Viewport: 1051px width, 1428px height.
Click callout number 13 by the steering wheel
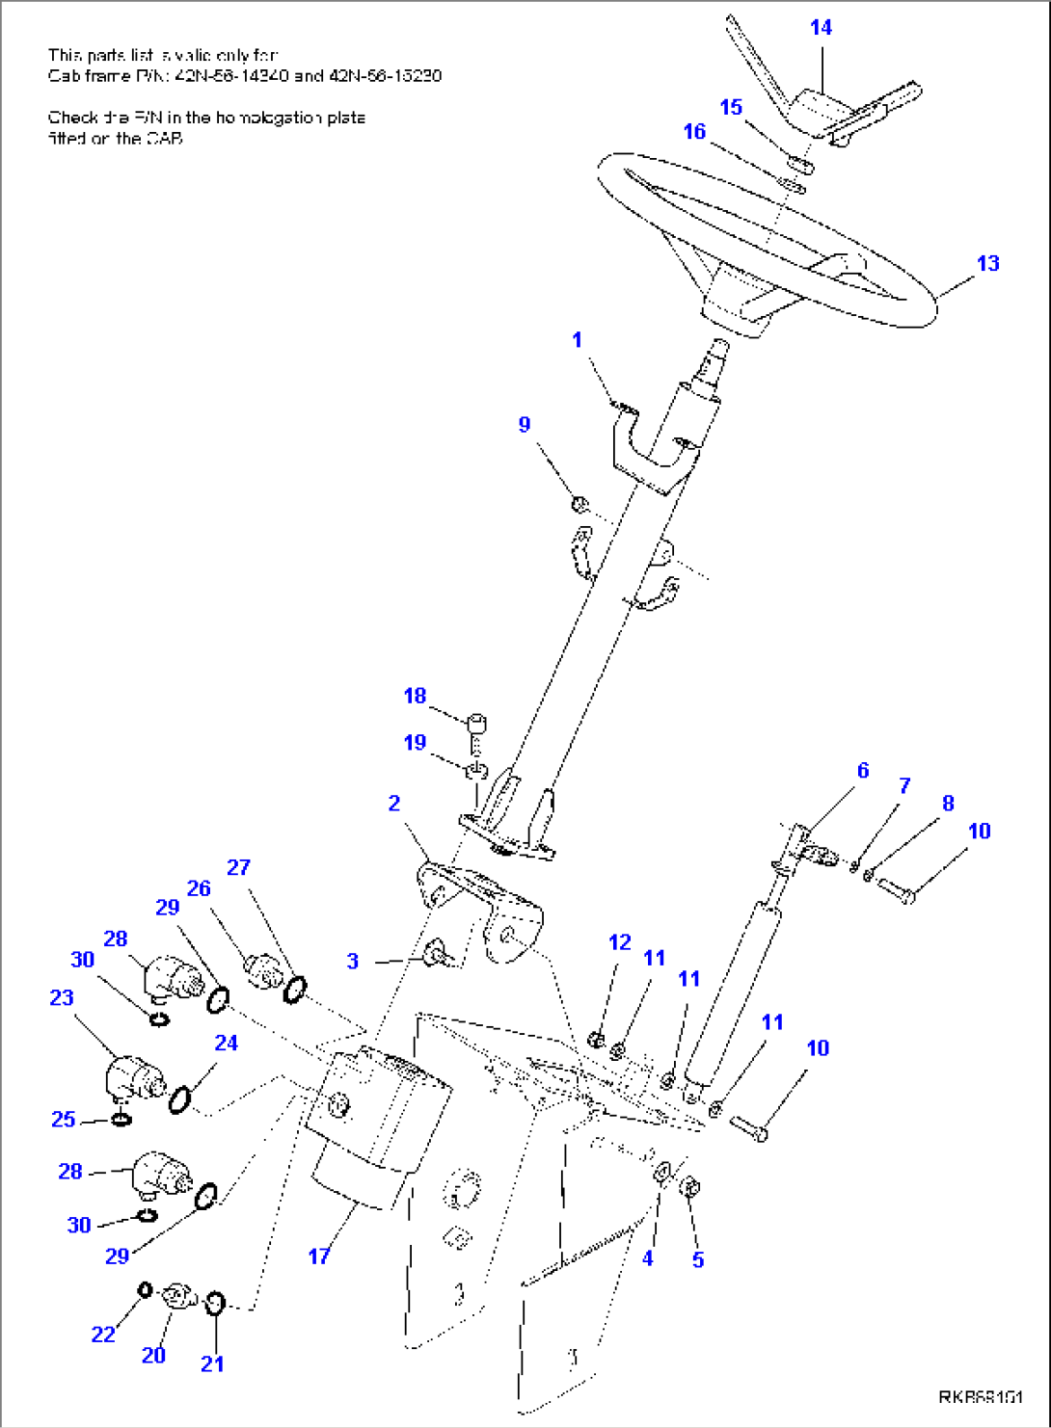[987, 263]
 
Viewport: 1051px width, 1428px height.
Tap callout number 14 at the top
[821, 27]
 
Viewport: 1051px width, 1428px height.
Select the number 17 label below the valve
[319, 1256]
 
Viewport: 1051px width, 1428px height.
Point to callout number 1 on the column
[577, 339]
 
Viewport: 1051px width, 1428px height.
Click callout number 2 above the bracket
[394, 803]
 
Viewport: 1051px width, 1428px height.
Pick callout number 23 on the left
[62, 997]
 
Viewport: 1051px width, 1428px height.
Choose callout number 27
[238, 867]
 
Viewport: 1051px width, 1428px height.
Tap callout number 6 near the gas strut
[863, 770]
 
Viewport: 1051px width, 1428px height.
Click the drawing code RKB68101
[981, 1397]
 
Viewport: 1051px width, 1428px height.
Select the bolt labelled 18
[476, 723]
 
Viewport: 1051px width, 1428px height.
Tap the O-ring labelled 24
[180, 1098]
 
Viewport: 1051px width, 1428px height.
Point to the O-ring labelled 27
[295, 988]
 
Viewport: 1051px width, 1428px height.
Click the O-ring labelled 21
[216, 1304]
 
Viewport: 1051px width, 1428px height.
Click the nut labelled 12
[596, 1040]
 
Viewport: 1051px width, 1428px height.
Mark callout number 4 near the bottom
[648, 1258]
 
